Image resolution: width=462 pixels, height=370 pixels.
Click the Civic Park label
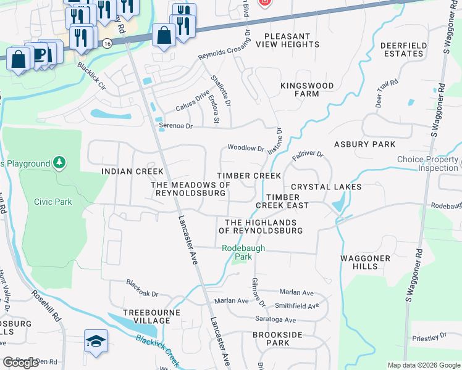pos(53,202)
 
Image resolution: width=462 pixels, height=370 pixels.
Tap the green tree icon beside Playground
pos(59,163)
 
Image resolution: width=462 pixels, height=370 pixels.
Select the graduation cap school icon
pos(96,342)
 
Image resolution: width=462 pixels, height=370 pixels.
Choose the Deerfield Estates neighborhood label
pos(401,50)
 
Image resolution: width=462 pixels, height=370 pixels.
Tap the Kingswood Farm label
pos(307,89)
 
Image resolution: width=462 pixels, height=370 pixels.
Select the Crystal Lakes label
pos(326,187)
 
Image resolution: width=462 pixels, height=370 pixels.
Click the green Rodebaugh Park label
pos(243,252)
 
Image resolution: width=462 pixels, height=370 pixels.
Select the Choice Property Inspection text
pos(427,163)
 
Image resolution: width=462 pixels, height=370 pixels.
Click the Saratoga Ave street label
pos(275,320)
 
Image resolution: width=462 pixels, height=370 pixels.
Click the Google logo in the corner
pos(20,363)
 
